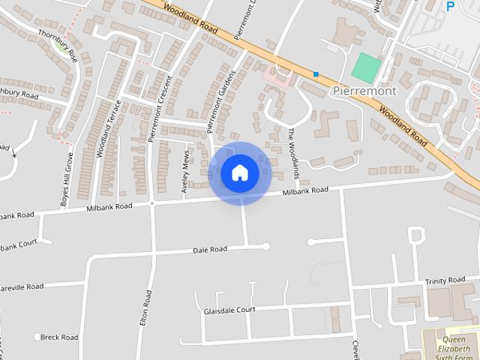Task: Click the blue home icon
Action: point(240,173)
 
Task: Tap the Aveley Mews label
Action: point(185,172)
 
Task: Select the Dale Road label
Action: point(210,250)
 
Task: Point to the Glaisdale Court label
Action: point(229,310)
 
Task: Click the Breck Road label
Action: point(59,337)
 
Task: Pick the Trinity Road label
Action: point(445,280)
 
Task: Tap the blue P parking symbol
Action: point(451,7)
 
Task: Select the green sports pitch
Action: point(366,68)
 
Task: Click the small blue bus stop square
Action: point(316,74)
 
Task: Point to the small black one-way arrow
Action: point(13,152)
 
